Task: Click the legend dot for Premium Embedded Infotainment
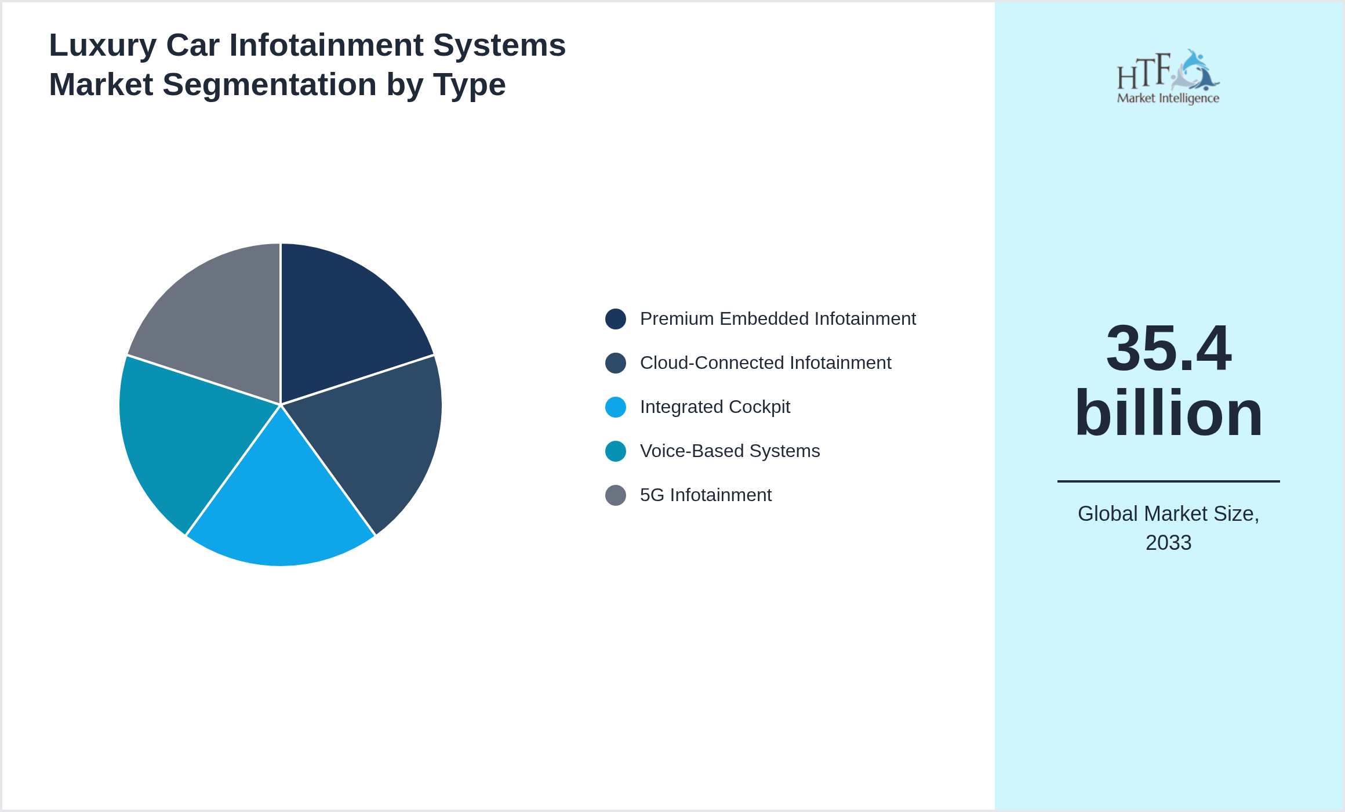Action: tap(615, 319)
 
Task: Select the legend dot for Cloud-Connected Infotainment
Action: tap(615, 363)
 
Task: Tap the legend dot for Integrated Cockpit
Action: tap(615, 407)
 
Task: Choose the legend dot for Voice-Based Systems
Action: tap(615, 451)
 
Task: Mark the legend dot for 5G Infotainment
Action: tap(615, 495)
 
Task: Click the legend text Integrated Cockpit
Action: tap(715, 407)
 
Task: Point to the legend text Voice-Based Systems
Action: tap(730, 451)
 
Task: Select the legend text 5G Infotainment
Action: tap(706, 495)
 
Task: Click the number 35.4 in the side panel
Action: tap(1168, 348)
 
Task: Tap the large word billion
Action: tap(1168, 413)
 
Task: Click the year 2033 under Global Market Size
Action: tap(1168, 543)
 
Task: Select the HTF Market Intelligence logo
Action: tap(1168, 77)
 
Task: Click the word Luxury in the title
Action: tap(103, 45)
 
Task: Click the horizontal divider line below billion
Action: tap(1168, 481)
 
